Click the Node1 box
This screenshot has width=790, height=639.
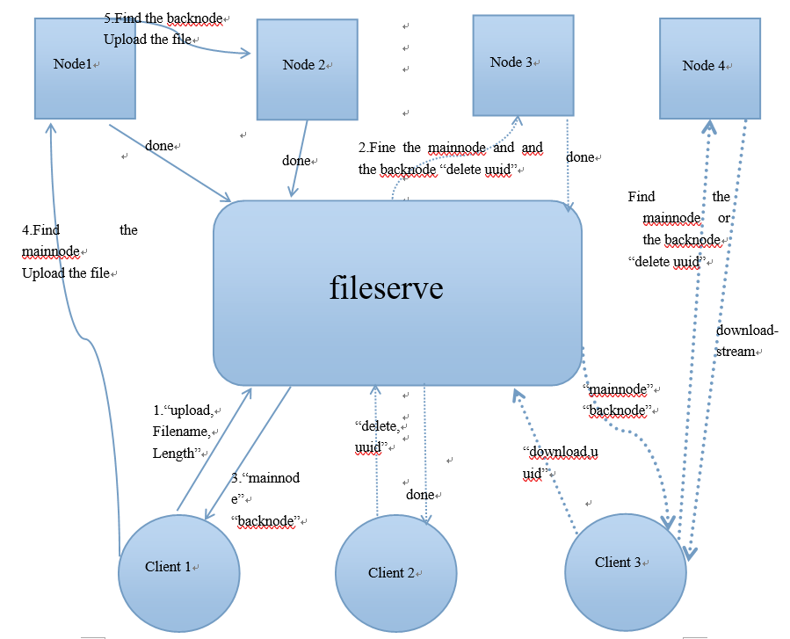click(x=84, y=69)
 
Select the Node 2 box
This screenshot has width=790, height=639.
click(x=307, y=69)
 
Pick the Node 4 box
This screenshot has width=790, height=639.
click(x=709, y=68)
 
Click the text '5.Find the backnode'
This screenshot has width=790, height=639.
click(x=163, y=18)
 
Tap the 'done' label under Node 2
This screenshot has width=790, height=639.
click(x=296, y=161)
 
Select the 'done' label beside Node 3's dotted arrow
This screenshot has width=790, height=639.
click(x=580, y=157)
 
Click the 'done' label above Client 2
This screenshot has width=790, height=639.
click(x=420, y=495)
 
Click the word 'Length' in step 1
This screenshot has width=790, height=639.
click(x=173, y=453)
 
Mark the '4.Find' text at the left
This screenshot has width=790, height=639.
click(x=40, y=230)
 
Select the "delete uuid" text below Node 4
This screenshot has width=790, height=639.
click(x=663, y=261)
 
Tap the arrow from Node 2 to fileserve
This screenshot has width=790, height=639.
click(x=299, y=158)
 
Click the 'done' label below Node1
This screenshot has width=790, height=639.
click(x=159, y=146)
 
